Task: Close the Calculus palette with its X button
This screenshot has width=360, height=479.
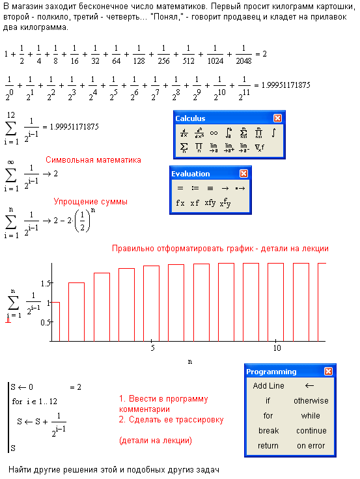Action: pyautogui.click(x=277, y=118)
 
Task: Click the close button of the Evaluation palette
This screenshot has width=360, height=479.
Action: pyautogui.click(x=243, y=174)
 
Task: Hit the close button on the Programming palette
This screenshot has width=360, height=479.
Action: pyautogui.click(x=328, y=371)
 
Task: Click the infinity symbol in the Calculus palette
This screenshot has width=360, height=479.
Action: pyautogui.click(x=214, y=133)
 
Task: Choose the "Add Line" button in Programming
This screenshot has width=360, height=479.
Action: pyautogui.click(x=268, y=386)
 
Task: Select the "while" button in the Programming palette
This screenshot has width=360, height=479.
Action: pyautogui.click(x=311, y=416)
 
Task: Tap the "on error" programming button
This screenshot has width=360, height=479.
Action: pyautogui.click(x=311, y=446)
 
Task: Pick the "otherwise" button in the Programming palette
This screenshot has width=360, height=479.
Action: pyautogui.click(x=311, y=401)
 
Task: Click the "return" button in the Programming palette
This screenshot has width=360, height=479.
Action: pyautogui.click(x=268, y=446)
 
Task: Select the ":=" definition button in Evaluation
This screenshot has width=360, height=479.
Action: pyautogui.click(x=195, y=188)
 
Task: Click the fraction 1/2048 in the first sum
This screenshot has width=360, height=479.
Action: pyautogui.click(x=243, y=55)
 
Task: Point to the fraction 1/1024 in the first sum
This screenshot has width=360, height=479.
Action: pyautogui.click(x=215, y=55)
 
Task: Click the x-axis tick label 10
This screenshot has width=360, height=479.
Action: pyautogui.click(x=277, y=348)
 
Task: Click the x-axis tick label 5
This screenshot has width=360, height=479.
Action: pyautogui.click(x=152, y=348)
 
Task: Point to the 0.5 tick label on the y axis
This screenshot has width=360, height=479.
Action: pyautogui.click(x=45, y=322)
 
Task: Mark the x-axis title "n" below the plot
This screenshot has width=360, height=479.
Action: pyautogui.click(x=190, y=362)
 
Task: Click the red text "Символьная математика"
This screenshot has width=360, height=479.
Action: pyautogui.click(x=93, y=159)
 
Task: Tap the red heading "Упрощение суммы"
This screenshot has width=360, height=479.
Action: pyautogui.click(x=90, y=202)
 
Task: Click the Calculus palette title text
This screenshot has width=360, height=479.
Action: pyautogui.click(x=190, y=118)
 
